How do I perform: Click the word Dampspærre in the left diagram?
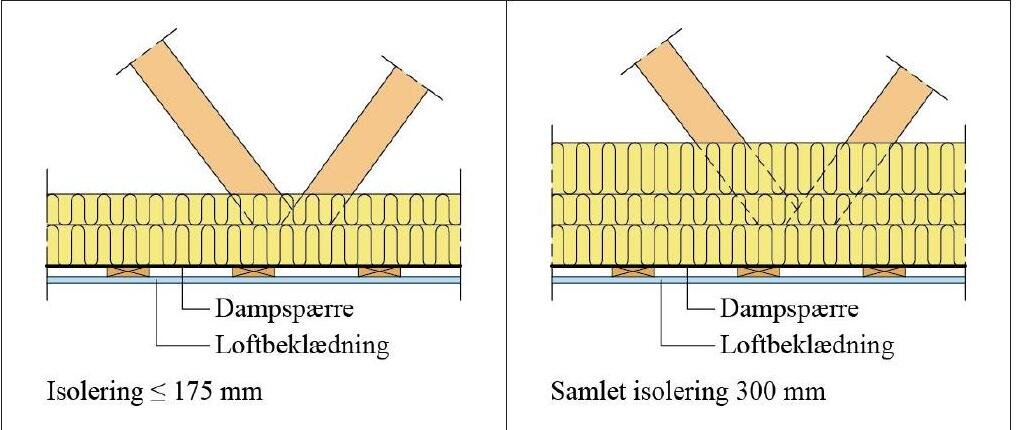284,308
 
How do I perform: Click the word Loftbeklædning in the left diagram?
302,344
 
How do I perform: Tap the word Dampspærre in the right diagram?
789,308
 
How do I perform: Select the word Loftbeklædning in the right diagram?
807,344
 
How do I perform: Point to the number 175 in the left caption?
188,392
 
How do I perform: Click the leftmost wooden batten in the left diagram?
128,271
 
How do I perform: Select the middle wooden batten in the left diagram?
254,271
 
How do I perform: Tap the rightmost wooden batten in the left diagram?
380,271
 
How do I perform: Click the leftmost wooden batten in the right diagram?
633,271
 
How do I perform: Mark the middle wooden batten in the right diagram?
758,271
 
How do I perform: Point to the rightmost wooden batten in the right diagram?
885,271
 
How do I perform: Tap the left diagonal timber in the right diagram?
690,94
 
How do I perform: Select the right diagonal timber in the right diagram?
889,104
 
